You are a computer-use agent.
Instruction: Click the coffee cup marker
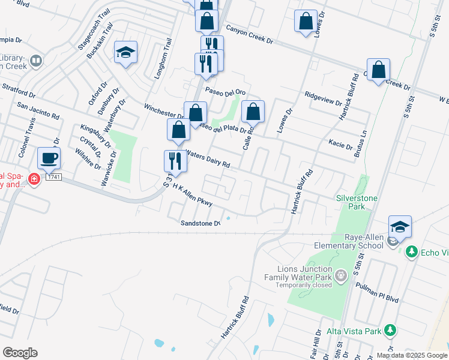(49, 158)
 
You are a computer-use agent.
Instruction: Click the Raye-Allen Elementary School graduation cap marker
(400, 227)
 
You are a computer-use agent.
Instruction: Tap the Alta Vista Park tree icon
(390, 329)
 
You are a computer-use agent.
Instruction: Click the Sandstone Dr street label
(200, 223)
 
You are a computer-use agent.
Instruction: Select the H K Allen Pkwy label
(192, 196)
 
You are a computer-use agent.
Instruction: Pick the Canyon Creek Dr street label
(249, 35)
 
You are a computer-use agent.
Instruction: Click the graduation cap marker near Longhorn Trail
(126, 53)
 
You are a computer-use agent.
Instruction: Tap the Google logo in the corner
(20, 352)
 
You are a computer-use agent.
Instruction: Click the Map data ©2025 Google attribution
(412, 355)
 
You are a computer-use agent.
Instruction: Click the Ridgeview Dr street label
(323, 95)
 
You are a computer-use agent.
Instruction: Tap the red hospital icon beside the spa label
(34, 179)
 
